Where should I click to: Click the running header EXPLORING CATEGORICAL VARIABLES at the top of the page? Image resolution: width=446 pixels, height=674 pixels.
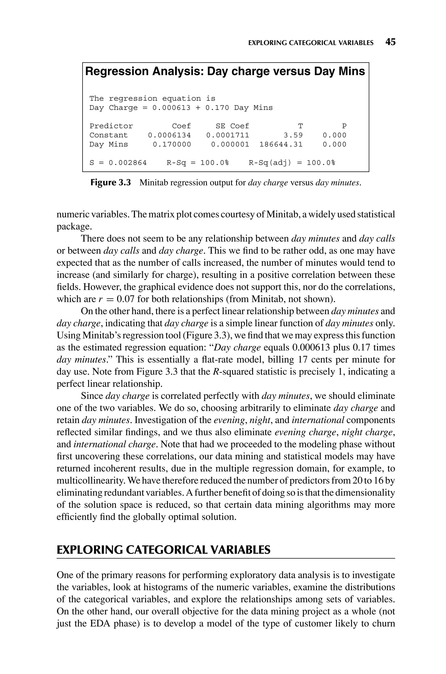tap(311, 43)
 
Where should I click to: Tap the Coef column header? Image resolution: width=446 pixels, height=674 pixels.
tap(181, 126)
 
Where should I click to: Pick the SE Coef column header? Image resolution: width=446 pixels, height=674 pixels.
tap(232, 126)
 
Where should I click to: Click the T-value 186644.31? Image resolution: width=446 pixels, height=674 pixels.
tap(281, 144)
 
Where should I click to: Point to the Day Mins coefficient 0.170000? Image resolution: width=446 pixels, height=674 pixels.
tap(172, 144)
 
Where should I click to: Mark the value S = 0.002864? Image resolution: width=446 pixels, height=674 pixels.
tap(118, 163)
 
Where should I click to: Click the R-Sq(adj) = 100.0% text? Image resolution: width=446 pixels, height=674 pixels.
tap(292, 163)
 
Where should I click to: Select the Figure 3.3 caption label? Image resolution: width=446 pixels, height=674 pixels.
tap(110, 182)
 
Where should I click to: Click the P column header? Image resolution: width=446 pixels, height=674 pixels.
tap(344, 126)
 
